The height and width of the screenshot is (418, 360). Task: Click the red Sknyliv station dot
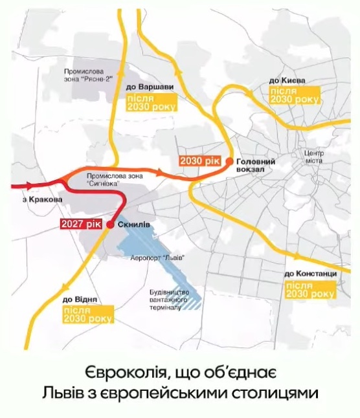[x=110, y=225]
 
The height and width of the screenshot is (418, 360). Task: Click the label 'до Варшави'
[x=150, y=87]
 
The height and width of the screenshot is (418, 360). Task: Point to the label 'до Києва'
[x=287, y=80]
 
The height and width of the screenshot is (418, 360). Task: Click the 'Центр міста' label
[x=313, y=157]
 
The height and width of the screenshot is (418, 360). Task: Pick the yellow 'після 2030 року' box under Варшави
[x=151, y=102]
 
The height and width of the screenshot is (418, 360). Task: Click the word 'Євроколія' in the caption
[x=124, y=373]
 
